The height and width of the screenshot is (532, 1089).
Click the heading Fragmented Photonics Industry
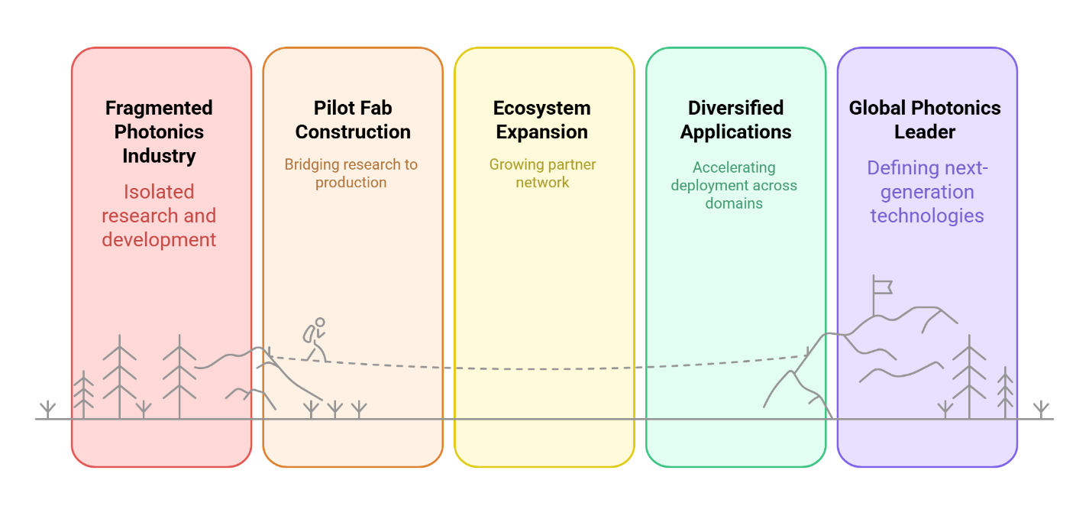point(159,131)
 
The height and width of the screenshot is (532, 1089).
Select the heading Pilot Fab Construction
point(353,120)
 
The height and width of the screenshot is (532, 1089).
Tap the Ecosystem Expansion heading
point(542,120)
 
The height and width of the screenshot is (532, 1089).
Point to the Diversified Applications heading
point(735,120)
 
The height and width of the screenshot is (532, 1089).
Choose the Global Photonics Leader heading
point(925,120)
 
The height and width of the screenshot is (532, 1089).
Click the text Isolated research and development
point(159,216)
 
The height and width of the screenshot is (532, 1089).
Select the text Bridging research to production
point(351,174)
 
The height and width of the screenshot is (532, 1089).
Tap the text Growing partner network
point(542,174)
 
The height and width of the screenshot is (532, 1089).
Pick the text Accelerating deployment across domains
point(734,185)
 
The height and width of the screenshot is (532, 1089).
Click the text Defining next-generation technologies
point(927,192)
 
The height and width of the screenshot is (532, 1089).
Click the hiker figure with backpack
point(315,339)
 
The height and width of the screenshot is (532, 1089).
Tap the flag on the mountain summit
point(882,287)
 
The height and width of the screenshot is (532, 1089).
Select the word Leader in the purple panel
point(925,132)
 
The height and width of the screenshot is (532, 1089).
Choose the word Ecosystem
point(542,108)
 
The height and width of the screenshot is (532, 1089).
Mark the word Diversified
point(735,108)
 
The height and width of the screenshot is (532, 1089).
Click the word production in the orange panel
point(351,183)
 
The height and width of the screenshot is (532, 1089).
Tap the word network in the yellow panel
point(542,183)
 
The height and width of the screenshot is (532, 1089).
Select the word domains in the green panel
point(734,203)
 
